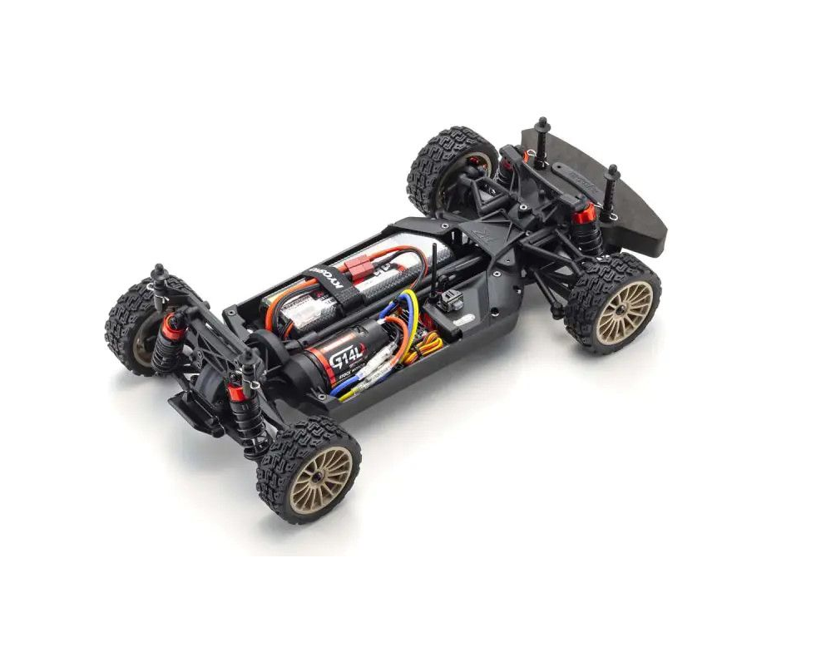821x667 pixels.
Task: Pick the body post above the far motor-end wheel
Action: click(157, 275)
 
